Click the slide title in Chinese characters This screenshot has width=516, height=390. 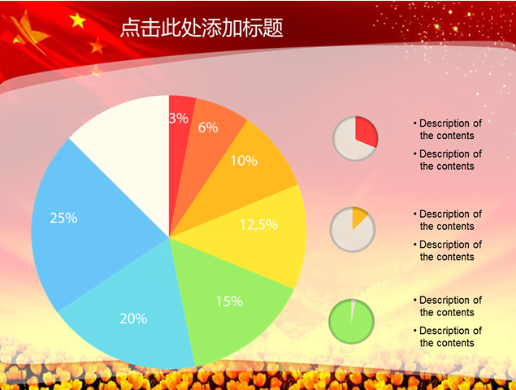coord(202,28)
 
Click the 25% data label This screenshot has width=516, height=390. coord(63,218)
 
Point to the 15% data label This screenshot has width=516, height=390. coord(229,301)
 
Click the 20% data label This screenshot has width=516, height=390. coord(133,318)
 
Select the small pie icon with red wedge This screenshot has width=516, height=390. coord(355,137)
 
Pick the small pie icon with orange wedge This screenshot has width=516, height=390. coord(353,229)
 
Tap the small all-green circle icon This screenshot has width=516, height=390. coord(352,320)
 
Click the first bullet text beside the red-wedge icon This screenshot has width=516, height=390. coord(447,130)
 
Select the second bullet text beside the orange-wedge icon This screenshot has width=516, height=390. coord(447,250)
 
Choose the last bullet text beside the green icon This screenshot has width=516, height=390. coord(447,336)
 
